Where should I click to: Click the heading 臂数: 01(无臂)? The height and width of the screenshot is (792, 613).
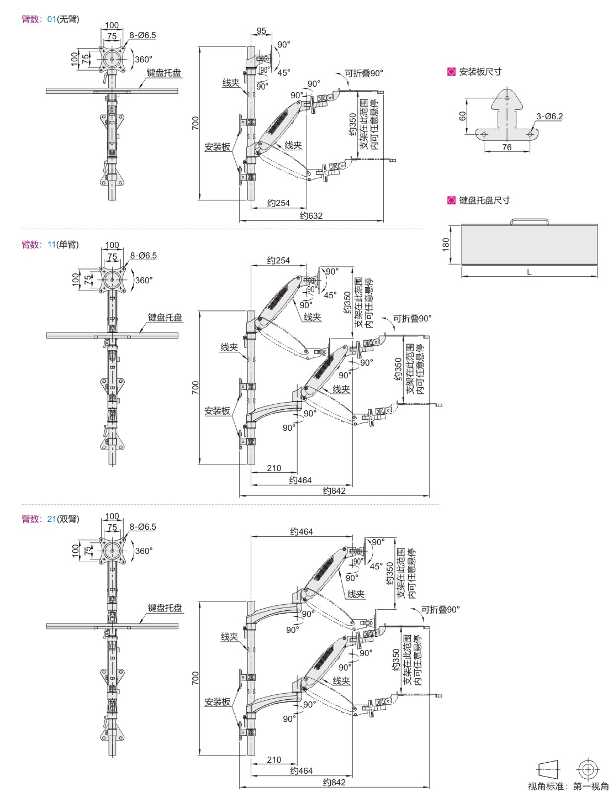click(x=50, y=19)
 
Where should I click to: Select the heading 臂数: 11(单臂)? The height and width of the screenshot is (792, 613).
click(x=50, y=244)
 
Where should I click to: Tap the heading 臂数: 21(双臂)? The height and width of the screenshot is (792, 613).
click(x=50, y=519)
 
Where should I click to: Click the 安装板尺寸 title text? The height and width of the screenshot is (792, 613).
click(x=480, y=71)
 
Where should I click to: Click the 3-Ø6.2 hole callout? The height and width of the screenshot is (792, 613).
click(x=549, y=116)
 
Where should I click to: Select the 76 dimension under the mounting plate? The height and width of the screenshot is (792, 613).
click(x=506, y=147)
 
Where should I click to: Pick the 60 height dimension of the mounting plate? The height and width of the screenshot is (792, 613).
click(x=463, y=115)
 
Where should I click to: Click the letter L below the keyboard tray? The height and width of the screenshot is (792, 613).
click(x=529, y=272)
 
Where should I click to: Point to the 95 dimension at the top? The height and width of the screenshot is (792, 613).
click(x=261, y=31)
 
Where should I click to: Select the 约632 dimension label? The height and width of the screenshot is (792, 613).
click(x=311, y=215)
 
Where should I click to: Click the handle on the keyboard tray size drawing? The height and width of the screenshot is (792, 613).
click(x=529, y=221)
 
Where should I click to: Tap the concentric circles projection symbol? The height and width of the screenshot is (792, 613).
click(x=589, y=769)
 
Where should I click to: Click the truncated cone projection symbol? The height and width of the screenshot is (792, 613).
click(x=548, y=769)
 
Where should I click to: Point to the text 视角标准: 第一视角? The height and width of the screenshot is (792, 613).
click(x=568, y=786)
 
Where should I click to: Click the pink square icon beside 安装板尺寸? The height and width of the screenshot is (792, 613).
click(x=451, y=71)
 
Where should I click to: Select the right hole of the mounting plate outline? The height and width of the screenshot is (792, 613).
click(x=530, y=133)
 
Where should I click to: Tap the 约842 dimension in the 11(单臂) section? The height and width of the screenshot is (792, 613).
click(x=334, y=490)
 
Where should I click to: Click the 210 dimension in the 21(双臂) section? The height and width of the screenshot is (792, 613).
click(x=274, y=759)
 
